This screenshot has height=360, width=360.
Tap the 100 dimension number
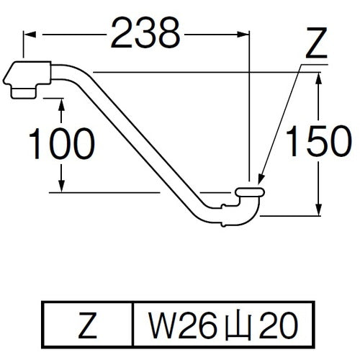pos(61,145)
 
